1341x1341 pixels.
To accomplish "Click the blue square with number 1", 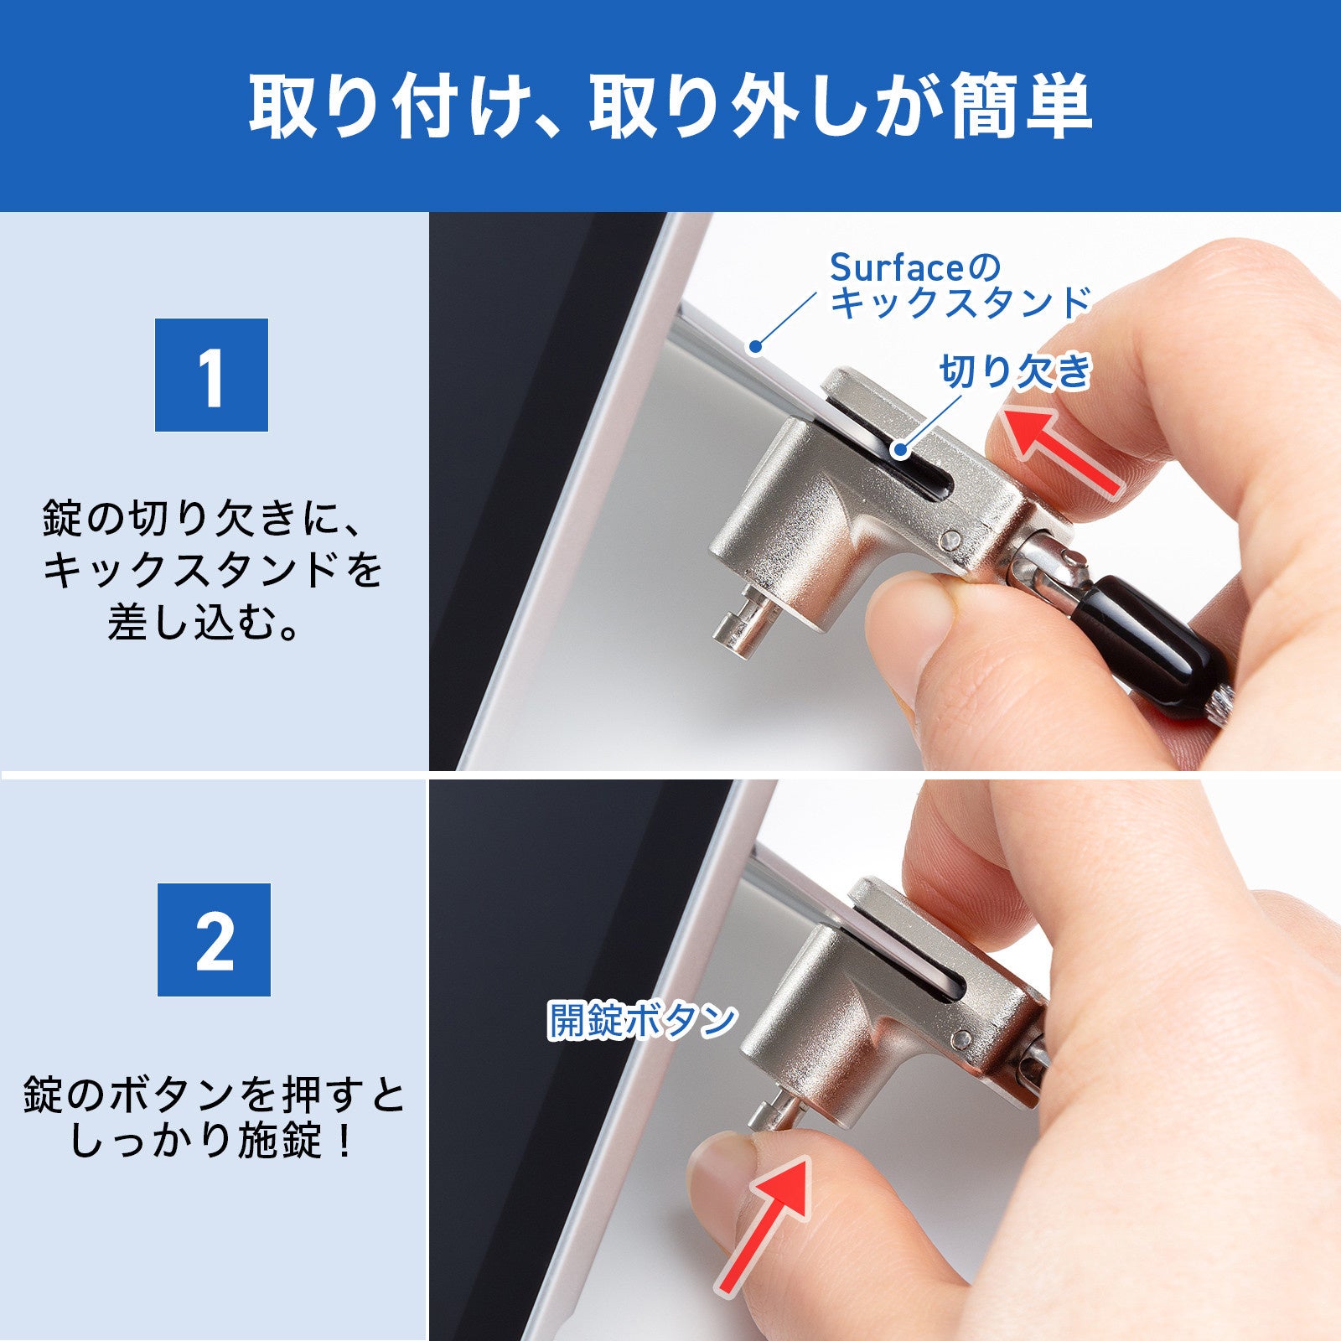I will pyautogui.click(x=211, y=375).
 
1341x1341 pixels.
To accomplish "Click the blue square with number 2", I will pyautogui.click(x=214, y=940).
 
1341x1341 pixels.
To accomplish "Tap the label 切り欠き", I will pyautogui.click(x=1015, y=370).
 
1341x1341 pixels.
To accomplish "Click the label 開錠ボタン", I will pyautogui.click(x=641, y=1020).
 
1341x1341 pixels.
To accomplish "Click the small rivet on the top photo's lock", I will pyautogui.click(x=951, y=539).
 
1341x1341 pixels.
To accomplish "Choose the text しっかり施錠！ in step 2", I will pyautogui.click(x=213, y=1142).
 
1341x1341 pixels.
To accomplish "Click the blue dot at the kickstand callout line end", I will pyautogui.click(x=755, y=344).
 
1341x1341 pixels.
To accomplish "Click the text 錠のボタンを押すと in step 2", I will pyautogui.click(x=213, y=1095).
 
